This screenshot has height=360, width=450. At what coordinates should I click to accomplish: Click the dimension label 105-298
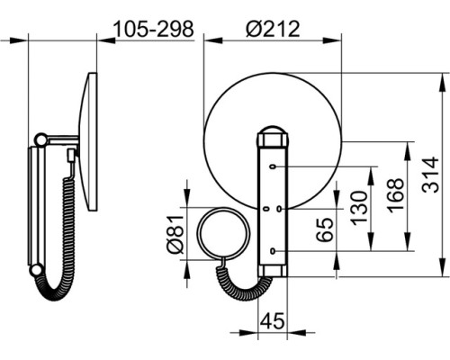pos(154,30)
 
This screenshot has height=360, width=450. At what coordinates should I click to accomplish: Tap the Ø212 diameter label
pos(273,29)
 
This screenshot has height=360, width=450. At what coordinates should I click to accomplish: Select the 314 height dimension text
pos(430,175)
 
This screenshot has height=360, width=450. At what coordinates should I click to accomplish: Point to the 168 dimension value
pos(395,195)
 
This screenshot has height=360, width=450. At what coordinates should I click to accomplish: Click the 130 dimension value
pos(359,208)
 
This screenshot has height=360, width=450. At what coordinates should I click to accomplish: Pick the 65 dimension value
pos(325,229)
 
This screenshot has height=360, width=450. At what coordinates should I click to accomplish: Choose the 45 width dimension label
pos(272,320)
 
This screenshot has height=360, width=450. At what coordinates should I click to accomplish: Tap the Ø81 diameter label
pos(175,234)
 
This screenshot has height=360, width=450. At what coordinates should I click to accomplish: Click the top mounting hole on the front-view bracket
pos(273,166)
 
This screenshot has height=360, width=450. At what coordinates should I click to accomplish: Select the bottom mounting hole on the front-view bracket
pos(273,251)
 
